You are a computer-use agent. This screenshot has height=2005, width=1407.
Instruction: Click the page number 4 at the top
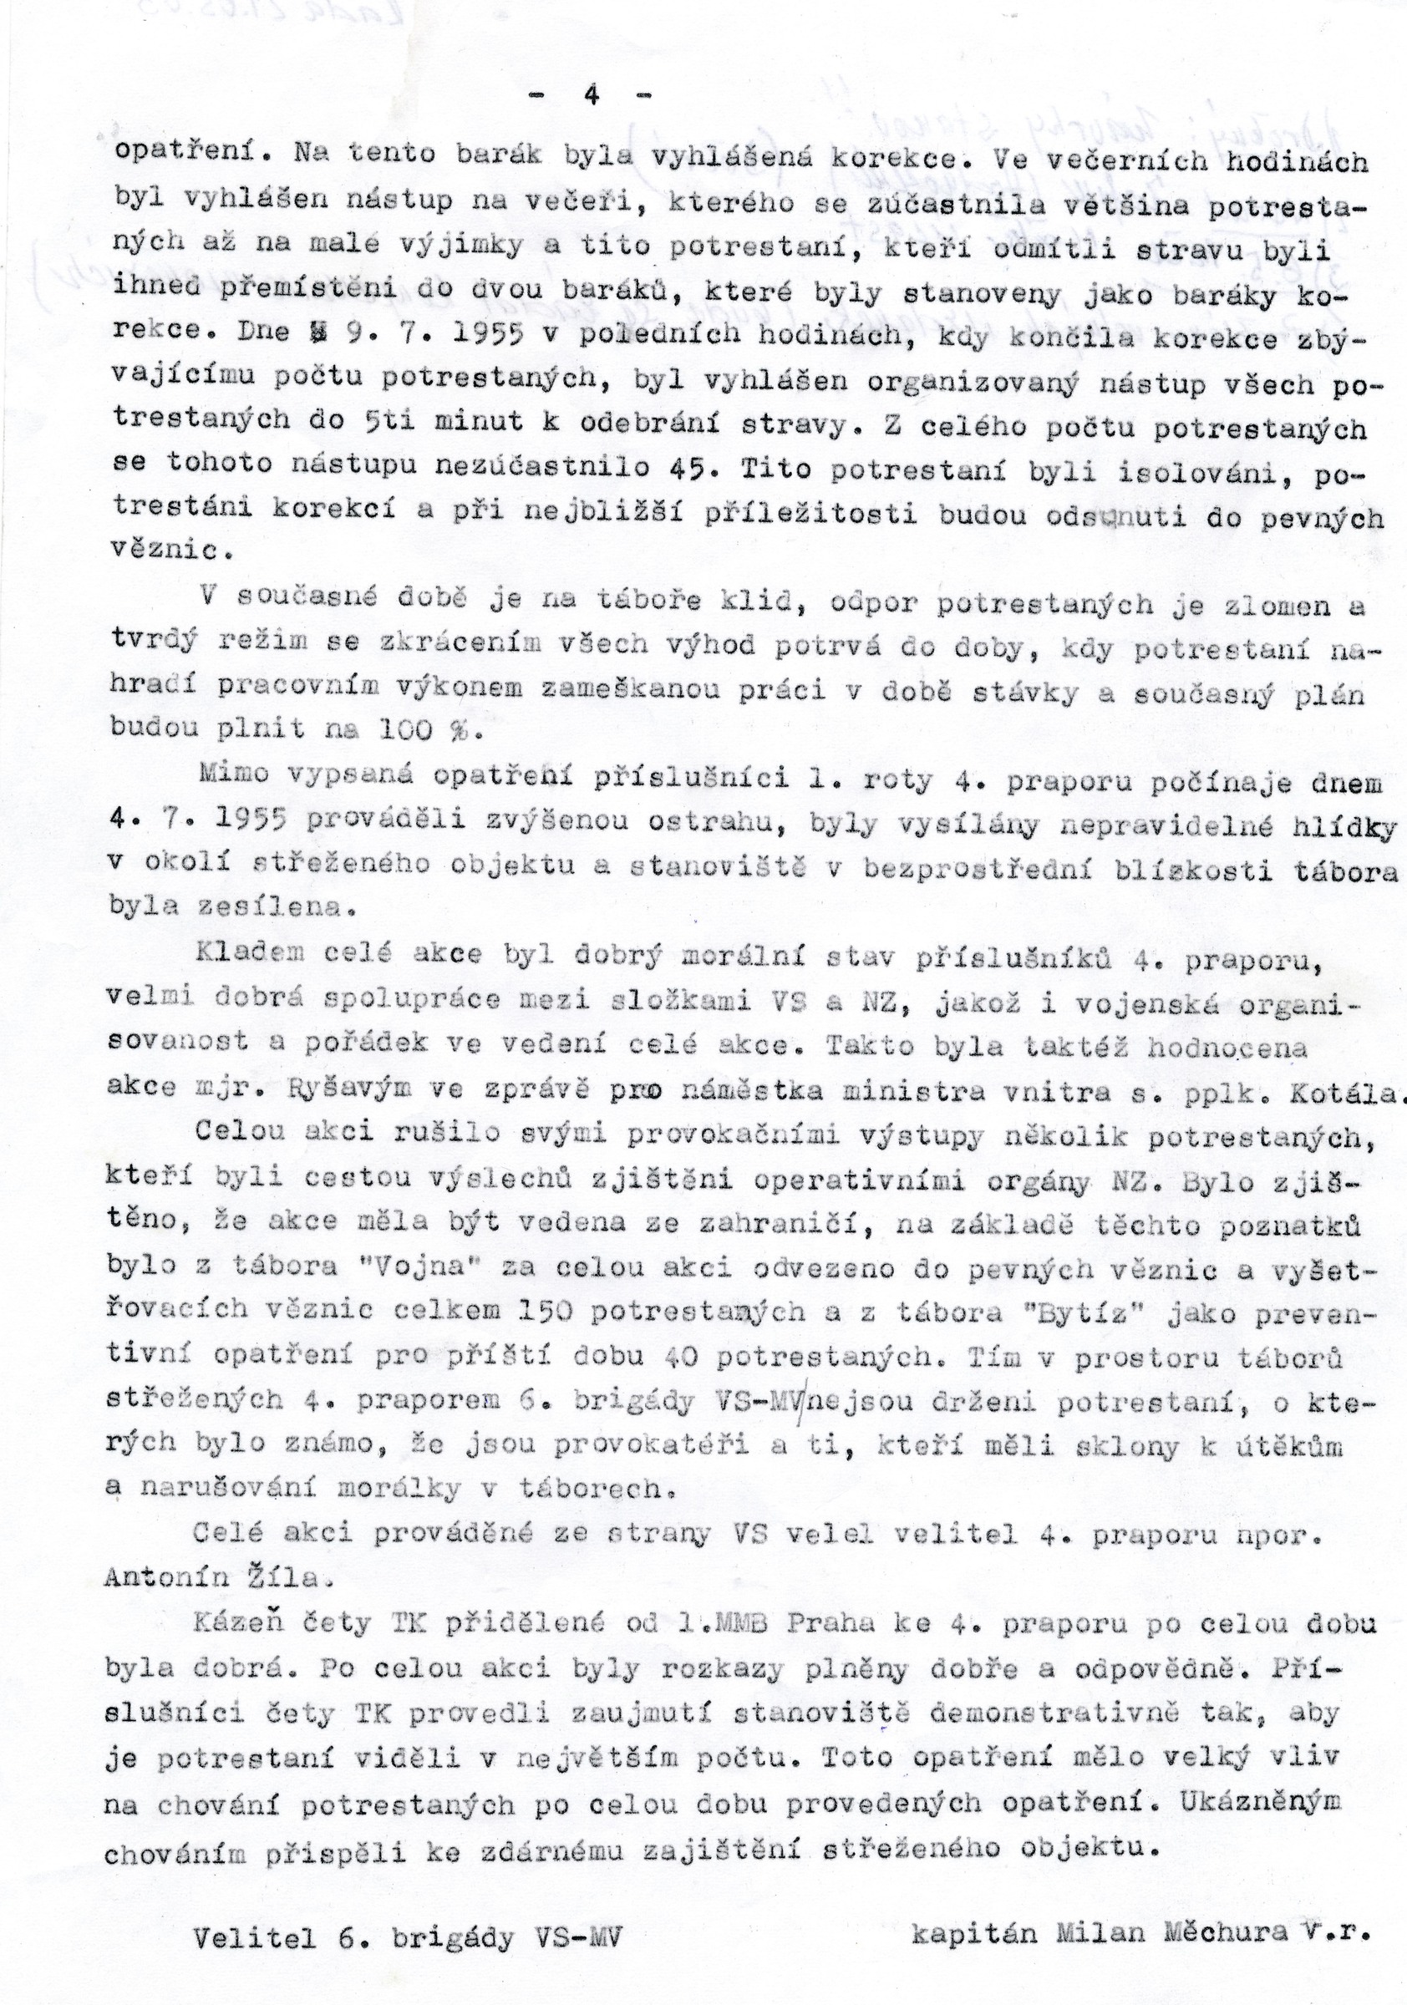tap(592, 96)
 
